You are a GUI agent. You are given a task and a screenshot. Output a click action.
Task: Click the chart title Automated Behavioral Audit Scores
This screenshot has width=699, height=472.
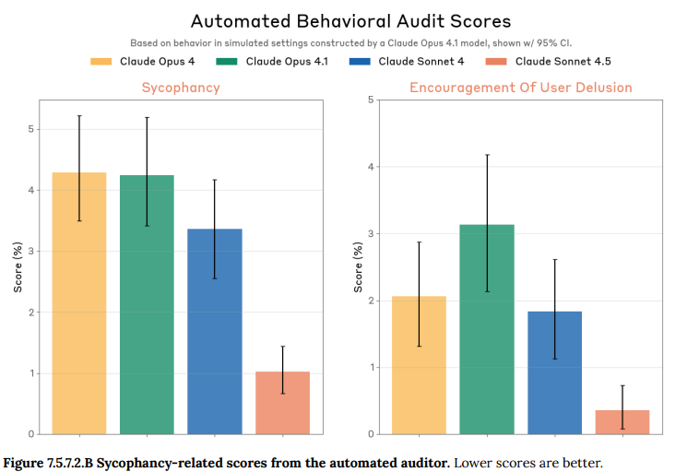click(x=350, y=20)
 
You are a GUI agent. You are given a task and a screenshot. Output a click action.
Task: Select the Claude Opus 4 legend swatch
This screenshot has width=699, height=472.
click(x=101, y=62)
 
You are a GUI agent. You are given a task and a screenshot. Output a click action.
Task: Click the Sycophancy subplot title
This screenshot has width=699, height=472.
click(x=181, y=88)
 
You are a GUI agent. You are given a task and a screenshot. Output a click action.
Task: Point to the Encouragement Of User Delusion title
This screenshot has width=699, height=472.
click(x=521, y=88)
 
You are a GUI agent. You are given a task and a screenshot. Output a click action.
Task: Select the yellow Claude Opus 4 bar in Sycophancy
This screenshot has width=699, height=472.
click(x=79, y=304)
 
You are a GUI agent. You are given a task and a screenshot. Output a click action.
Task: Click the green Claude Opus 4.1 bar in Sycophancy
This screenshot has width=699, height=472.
click(x=147, y=304)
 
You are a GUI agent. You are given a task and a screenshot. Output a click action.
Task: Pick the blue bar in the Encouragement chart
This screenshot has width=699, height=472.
click(x=554, y=372)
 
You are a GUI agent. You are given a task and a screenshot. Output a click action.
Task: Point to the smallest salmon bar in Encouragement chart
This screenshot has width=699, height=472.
click(x=622, y=422)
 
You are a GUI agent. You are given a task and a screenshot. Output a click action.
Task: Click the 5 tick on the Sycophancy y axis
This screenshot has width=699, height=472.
click(x=31, y=129)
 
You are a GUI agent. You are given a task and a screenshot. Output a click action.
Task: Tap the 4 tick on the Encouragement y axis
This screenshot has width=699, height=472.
click(x=372, y=167)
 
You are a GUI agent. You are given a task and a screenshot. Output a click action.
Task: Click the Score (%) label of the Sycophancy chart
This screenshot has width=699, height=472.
click(x=18, y=266)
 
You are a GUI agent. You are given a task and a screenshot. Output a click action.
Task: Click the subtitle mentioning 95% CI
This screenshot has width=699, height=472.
click(x=350, y=42)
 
